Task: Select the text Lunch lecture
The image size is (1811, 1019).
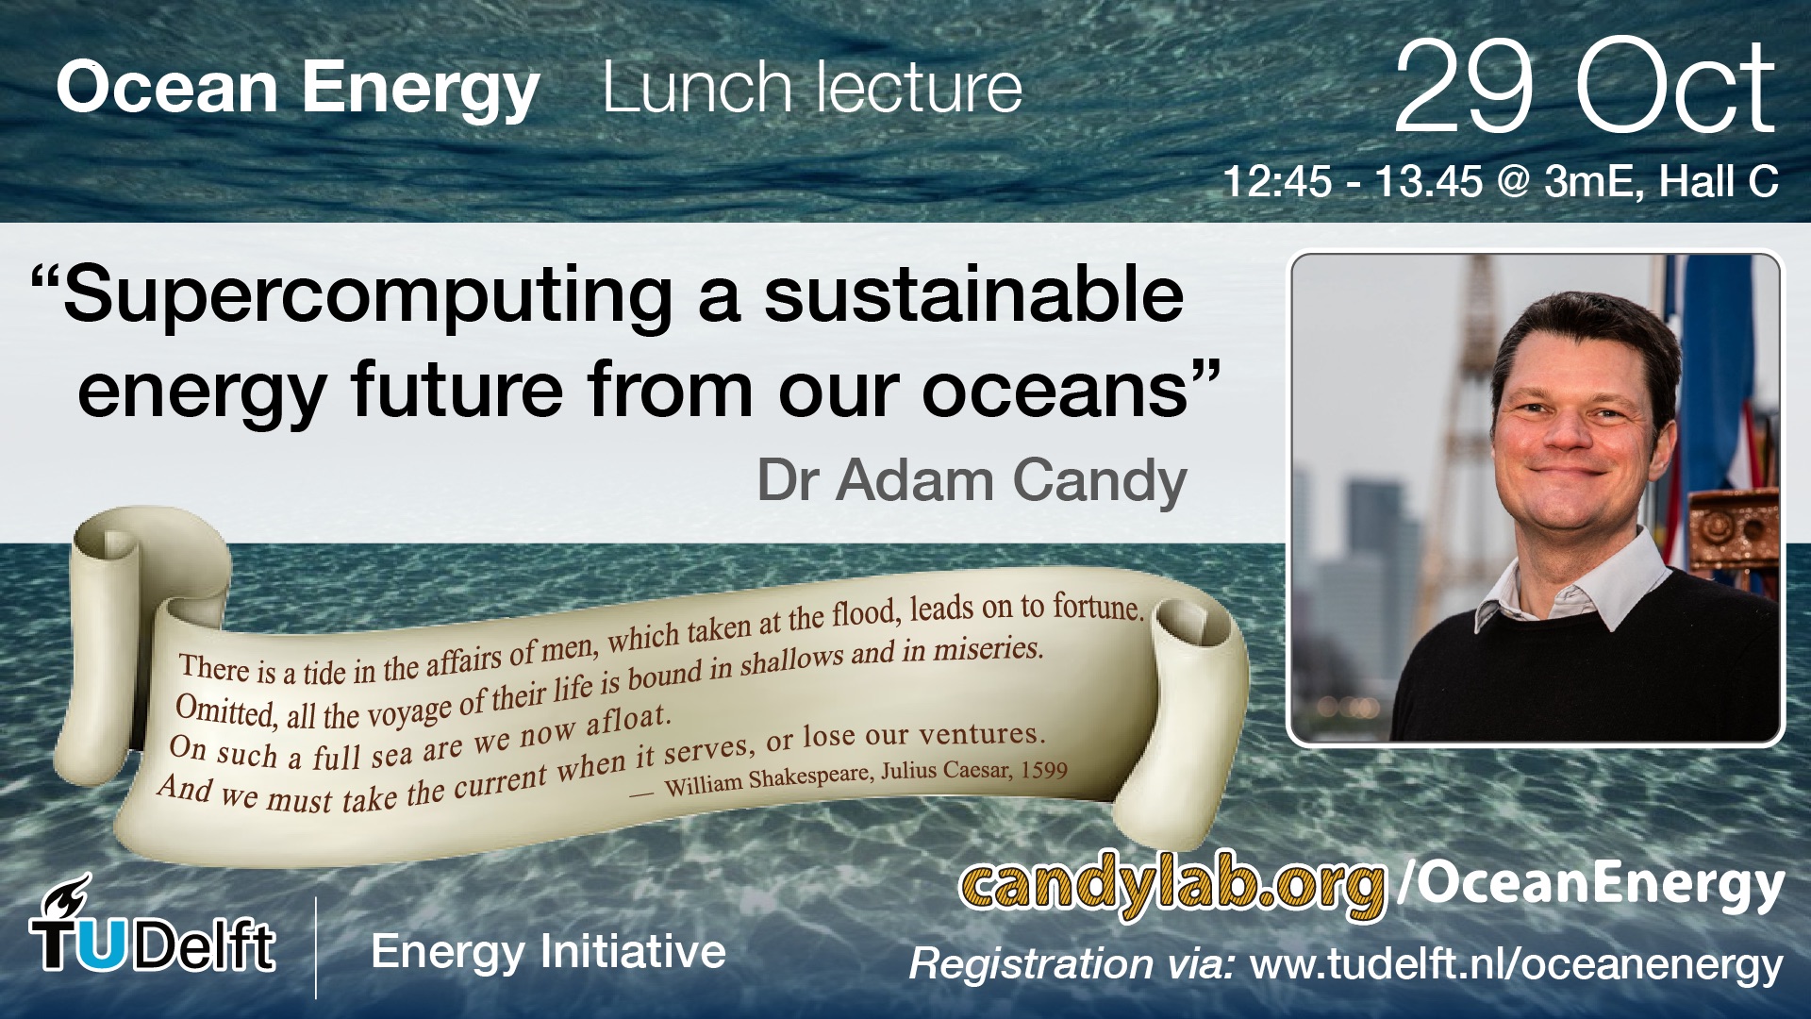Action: pos(812,88)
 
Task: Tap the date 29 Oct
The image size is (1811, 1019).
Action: pos(1585,87)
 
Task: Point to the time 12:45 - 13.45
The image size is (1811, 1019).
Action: pos(1353,181)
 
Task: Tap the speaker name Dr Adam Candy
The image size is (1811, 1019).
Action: pos(972,481)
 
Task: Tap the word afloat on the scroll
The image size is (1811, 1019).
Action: pos(628,719)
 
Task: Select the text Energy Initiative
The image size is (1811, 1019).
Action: pos(549,952)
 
